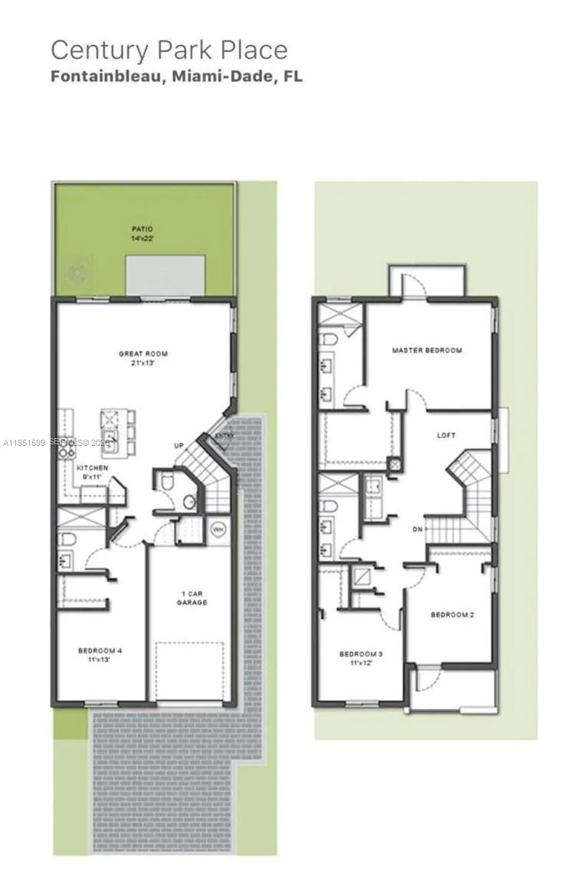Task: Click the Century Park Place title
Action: point(169,50)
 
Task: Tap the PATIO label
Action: point(142,228)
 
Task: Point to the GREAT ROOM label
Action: point(142,354)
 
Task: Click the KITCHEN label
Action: point(92,467)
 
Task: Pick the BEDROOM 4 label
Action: point(100,651)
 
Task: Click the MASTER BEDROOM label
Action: point(427,351)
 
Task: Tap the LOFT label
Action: point(446,435)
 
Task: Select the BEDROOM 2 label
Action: point(452,614)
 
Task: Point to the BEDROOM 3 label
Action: point(361,654)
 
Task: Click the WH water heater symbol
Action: point(216,528)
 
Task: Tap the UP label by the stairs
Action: point(178,446)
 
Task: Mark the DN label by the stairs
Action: point(417,528)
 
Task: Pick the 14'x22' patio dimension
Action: point(142,238)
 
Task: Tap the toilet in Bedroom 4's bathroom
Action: point(66,538)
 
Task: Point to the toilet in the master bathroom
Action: point(325,339)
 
